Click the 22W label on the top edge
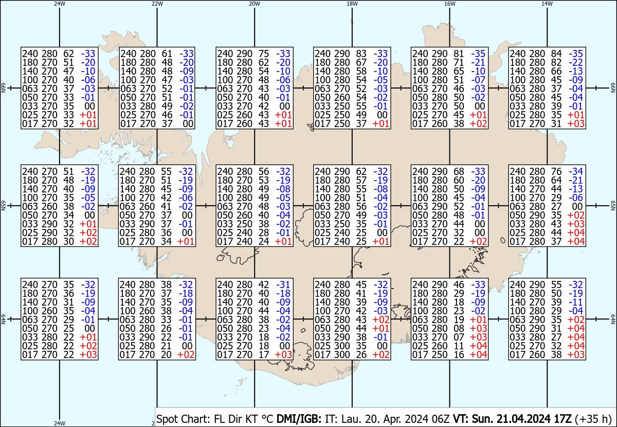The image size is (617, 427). click(157, 4)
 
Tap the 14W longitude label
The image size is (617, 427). click(547, 4)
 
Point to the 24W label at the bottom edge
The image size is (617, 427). click(60, 423)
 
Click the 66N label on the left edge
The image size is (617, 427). click(3, 88)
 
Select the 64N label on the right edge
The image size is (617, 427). click(613, 319)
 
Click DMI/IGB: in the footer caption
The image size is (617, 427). click(299, 419)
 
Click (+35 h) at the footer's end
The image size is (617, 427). click(593, 419)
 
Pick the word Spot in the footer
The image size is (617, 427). click(166, 419)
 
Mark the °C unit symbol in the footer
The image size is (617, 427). click(266, 419)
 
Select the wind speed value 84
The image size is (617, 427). click(556, 54)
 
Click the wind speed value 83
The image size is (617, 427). click(361, 54)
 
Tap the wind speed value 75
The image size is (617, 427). click(264, 54)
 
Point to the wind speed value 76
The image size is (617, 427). click(556, 171)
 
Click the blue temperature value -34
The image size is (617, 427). click(576, 171)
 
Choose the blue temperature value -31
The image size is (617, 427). click(283, 284)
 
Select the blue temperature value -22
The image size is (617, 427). click(576, 62)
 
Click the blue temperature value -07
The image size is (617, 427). click(478, 80)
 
